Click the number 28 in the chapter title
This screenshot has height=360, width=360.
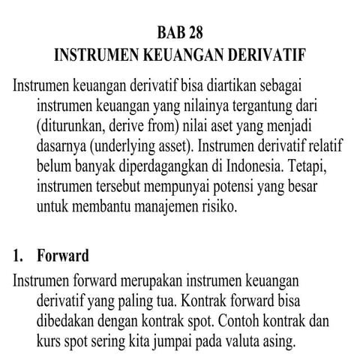[193, 33]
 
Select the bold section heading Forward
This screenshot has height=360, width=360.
[63, 256]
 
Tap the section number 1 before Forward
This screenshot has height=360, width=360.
[18, 256]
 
